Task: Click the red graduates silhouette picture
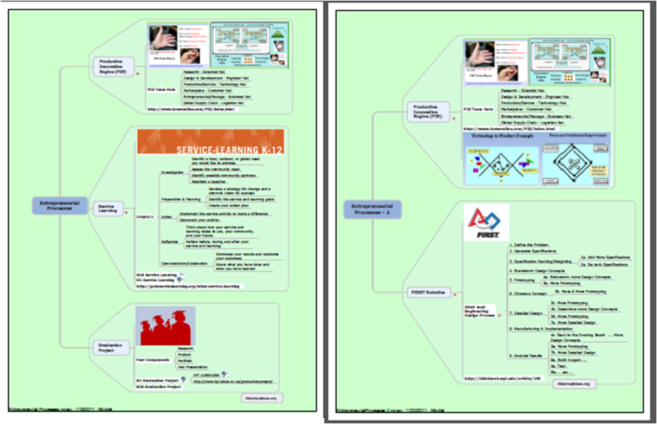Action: tap(166, 325)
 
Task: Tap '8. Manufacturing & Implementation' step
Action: tap(541, 328)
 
